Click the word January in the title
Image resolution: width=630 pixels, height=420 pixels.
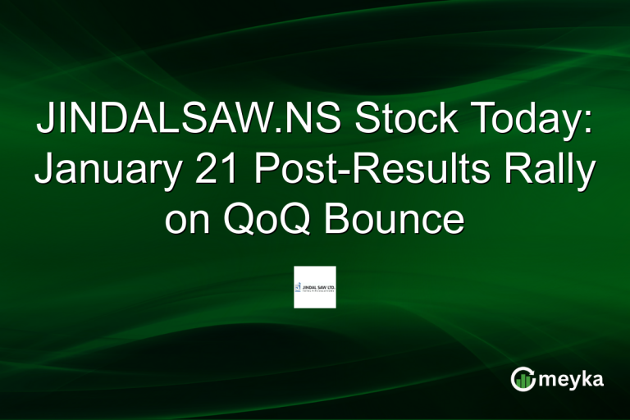coord(114,173)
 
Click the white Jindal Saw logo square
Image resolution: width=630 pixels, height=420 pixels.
coord(315,287)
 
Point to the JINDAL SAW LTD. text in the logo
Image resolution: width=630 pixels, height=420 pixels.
coord(319,286)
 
